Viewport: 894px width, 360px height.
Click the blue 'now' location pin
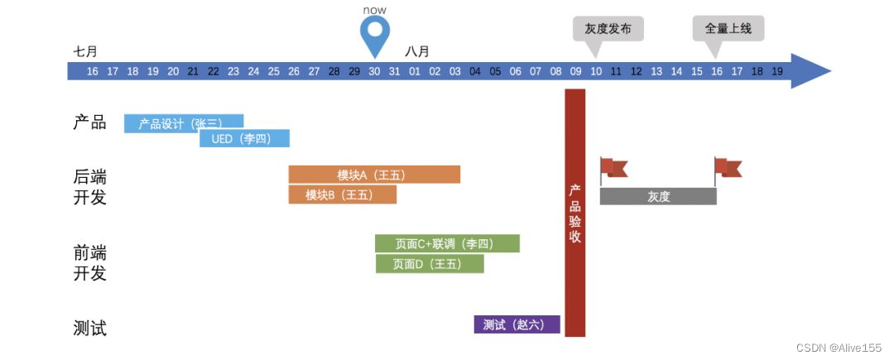(x=374, y=32)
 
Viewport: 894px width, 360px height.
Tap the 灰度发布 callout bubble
(x=608, y=29)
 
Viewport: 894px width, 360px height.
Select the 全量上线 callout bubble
(x=728, y=29)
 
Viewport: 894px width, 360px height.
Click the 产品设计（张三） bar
(x=183, y=123)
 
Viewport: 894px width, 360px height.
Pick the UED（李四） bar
(x=244, y=138)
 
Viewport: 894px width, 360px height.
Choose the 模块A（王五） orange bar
(x=373, y=175)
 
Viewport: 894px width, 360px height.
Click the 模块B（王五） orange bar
(x=342, y=194)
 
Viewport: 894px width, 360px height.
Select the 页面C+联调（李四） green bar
(x=447, y=243)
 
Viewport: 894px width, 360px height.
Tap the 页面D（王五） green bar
(x=429, y=264)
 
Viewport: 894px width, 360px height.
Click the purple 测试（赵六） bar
(x=517, y=324)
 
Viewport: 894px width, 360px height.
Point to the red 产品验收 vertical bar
(x=574, y=213)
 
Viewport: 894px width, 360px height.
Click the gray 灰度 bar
(x=657, y=196)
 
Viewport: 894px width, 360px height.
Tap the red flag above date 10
(x=612, y=168)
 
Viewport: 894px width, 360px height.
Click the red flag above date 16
(x=727, y=168)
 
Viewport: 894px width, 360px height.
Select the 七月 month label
(x=85, y=51)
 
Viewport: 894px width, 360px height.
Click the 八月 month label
(x=417, y=51)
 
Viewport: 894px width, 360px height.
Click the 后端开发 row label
(x=89, y=187)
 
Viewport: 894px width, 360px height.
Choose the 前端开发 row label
(x=89, y=262)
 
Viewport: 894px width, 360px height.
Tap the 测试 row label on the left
(x=89, y=328)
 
